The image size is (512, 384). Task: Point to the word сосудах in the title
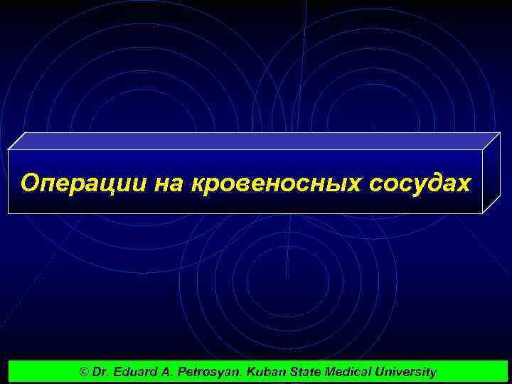420,183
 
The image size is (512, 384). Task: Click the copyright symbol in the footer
85,372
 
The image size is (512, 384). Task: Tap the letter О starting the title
28,183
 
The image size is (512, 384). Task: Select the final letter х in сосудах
464,184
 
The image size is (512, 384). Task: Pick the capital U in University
380,372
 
